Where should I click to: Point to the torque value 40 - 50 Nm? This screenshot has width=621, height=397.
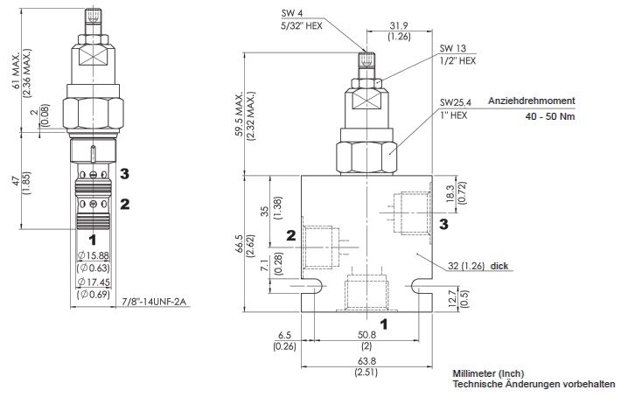click(x=551, y=115)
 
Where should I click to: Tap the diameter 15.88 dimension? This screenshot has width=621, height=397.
click(x=94, y=255)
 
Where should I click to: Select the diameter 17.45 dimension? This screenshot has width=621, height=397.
click(x=94, y=283)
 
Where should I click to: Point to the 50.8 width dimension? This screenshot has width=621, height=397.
click(x=366, y=334)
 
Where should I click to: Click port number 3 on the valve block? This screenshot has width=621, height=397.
click(x=443, y=225)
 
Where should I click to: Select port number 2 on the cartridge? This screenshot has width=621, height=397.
click(x=125, y=205)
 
